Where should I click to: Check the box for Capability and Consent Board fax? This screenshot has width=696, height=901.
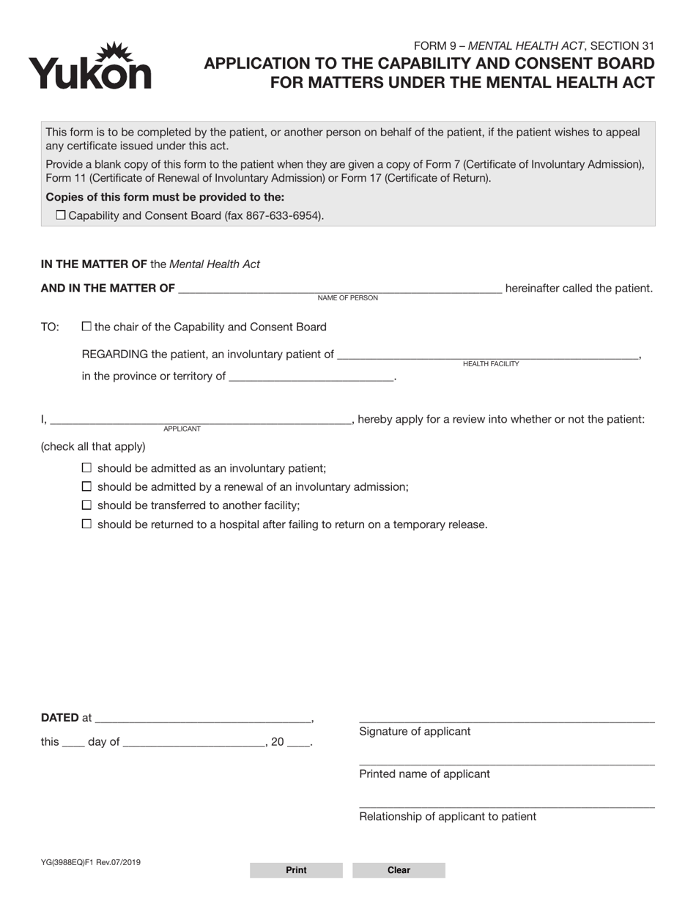61,215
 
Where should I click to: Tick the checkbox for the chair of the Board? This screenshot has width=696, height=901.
87,327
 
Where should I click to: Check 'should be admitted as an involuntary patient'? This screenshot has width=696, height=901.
87,468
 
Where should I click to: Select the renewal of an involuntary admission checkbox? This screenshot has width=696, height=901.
87,487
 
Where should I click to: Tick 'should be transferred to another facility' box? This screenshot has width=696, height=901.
87,505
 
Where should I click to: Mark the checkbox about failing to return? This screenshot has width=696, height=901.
87,524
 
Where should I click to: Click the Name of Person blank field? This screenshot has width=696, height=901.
340,288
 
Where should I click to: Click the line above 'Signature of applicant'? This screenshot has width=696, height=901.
506,719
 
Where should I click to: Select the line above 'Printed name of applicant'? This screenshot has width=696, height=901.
506,762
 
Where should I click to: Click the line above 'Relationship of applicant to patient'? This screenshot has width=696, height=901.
506,804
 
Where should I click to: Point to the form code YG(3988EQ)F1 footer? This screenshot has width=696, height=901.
91,863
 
